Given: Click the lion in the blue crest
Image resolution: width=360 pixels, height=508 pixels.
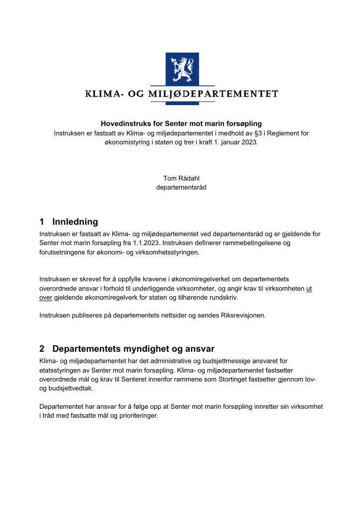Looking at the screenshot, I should [x=182, y=69].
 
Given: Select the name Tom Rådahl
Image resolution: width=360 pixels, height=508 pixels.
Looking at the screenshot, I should [x=181, y=178].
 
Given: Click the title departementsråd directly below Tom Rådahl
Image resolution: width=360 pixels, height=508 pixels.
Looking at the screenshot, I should [x=181, y=187].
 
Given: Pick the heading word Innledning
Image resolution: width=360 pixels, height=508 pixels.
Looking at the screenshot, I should [x=75, y=222].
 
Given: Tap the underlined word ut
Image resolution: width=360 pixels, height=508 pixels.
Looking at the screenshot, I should [x=309, y=288].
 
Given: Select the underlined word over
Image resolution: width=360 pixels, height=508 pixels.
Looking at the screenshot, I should [x=46, y=297].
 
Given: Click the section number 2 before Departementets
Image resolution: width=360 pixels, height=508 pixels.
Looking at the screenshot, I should [x=42, y=349].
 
